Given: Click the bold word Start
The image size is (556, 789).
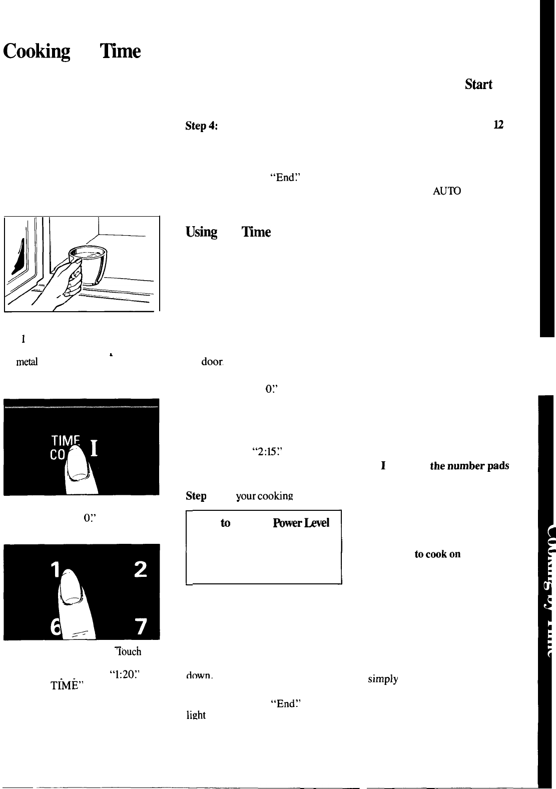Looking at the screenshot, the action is tap(479, 84).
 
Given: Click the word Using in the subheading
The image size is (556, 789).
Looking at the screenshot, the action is tap(201, 232).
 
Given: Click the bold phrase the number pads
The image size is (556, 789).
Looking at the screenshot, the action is tap(469, 466).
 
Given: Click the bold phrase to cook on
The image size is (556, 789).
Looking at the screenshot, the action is tap(437, 554).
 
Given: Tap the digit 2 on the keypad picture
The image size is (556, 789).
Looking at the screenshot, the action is tap(141, 569).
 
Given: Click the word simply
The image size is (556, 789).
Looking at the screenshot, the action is tap(383, 679).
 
